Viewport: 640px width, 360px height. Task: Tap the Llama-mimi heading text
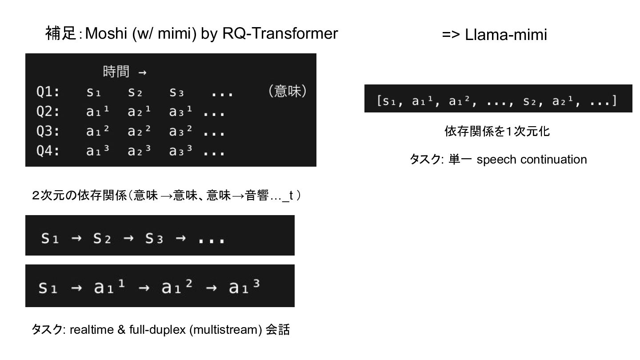coord(506,35)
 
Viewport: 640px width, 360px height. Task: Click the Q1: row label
coord(48,92)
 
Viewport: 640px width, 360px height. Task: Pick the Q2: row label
coord(48,112)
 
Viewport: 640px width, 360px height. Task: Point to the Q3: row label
coord(48,132)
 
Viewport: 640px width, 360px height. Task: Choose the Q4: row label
coord(48,151)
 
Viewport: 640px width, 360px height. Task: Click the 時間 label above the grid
coord(116,72)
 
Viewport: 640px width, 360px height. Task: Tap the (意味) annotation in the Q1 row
coord(287,92)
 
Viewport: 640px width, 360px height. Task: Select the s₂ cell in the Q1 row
coord(136,92)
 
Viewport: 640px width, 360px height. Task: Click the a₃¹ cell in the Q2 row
coord(180,112)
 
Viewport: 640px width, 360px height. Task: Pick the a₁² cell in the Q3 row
coord(97,132)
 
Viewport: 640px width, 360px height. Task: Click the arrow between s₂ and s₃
coord(128,239)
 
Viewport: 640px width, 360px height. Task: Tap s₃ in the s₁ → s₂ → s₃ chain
coord(154,239)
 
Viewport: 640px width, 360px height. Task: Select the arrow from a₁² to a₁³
coord(212,288)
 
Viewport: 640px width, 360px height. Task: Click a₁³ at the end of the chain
coord(244,287)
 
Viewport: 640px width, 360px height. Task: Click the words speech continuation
coord(532,160)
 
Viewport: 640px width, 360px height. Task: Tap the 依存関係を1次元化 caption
coord(497,132)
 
